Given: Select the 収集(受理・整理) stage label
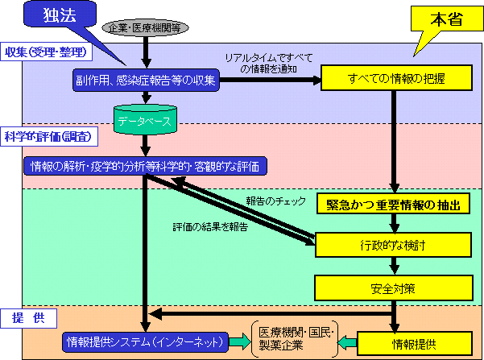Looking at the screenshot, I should (x=45, y=52).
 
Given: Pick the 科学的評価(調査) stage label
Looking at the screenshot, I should (x=45, y=134).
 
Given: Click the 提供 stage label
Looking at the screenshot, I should (x=27, y=318).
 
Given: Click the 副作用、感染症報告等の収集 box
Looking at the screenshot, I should (x=146, y=79).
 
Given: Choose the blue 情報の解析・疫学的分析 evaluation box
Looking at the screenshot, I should (x=145, y=166).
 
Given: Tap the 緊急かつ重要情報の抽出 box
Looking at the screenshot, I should (x=392, y=205).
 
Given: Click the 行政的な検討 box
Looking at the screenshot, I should (x=392, y=244).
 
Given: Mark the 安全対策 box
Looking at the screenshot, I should (x=392, y=285).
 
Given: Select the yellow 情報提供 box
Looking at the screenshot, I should (x=392, y=343).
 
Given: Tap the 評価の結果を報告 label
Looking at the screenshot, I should (x=210, y=226).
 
